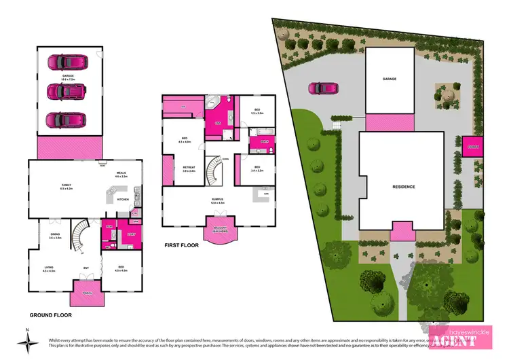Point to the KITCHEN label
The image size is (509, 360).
(x=123, y=199)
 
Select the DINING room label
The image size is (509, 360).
(x=55, y=236)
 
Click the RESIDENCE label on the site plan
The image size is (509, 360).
(x=403, y=186)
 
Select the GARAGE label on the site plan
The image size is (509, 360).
(x=390, y=79)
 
